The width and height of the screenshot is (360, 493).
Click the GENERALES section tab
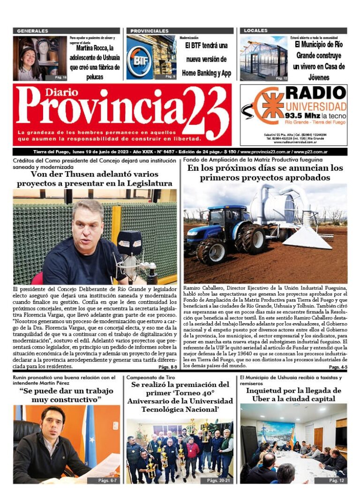click(32, 31)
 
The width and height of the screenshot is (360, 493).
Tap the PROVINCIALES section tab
click(150, 31)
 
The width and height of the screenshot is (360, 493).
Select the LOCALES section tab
click(256, 31)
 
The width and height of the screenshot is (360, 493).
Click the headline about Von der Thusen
click(94, 178)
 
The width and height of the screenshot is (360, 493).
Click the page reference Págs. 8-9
click(167, 367)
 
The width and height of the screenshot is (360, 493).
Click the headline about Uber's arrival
click(293, 394)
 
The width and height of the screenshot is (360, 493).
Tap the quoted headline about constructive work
click(67, 395)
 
